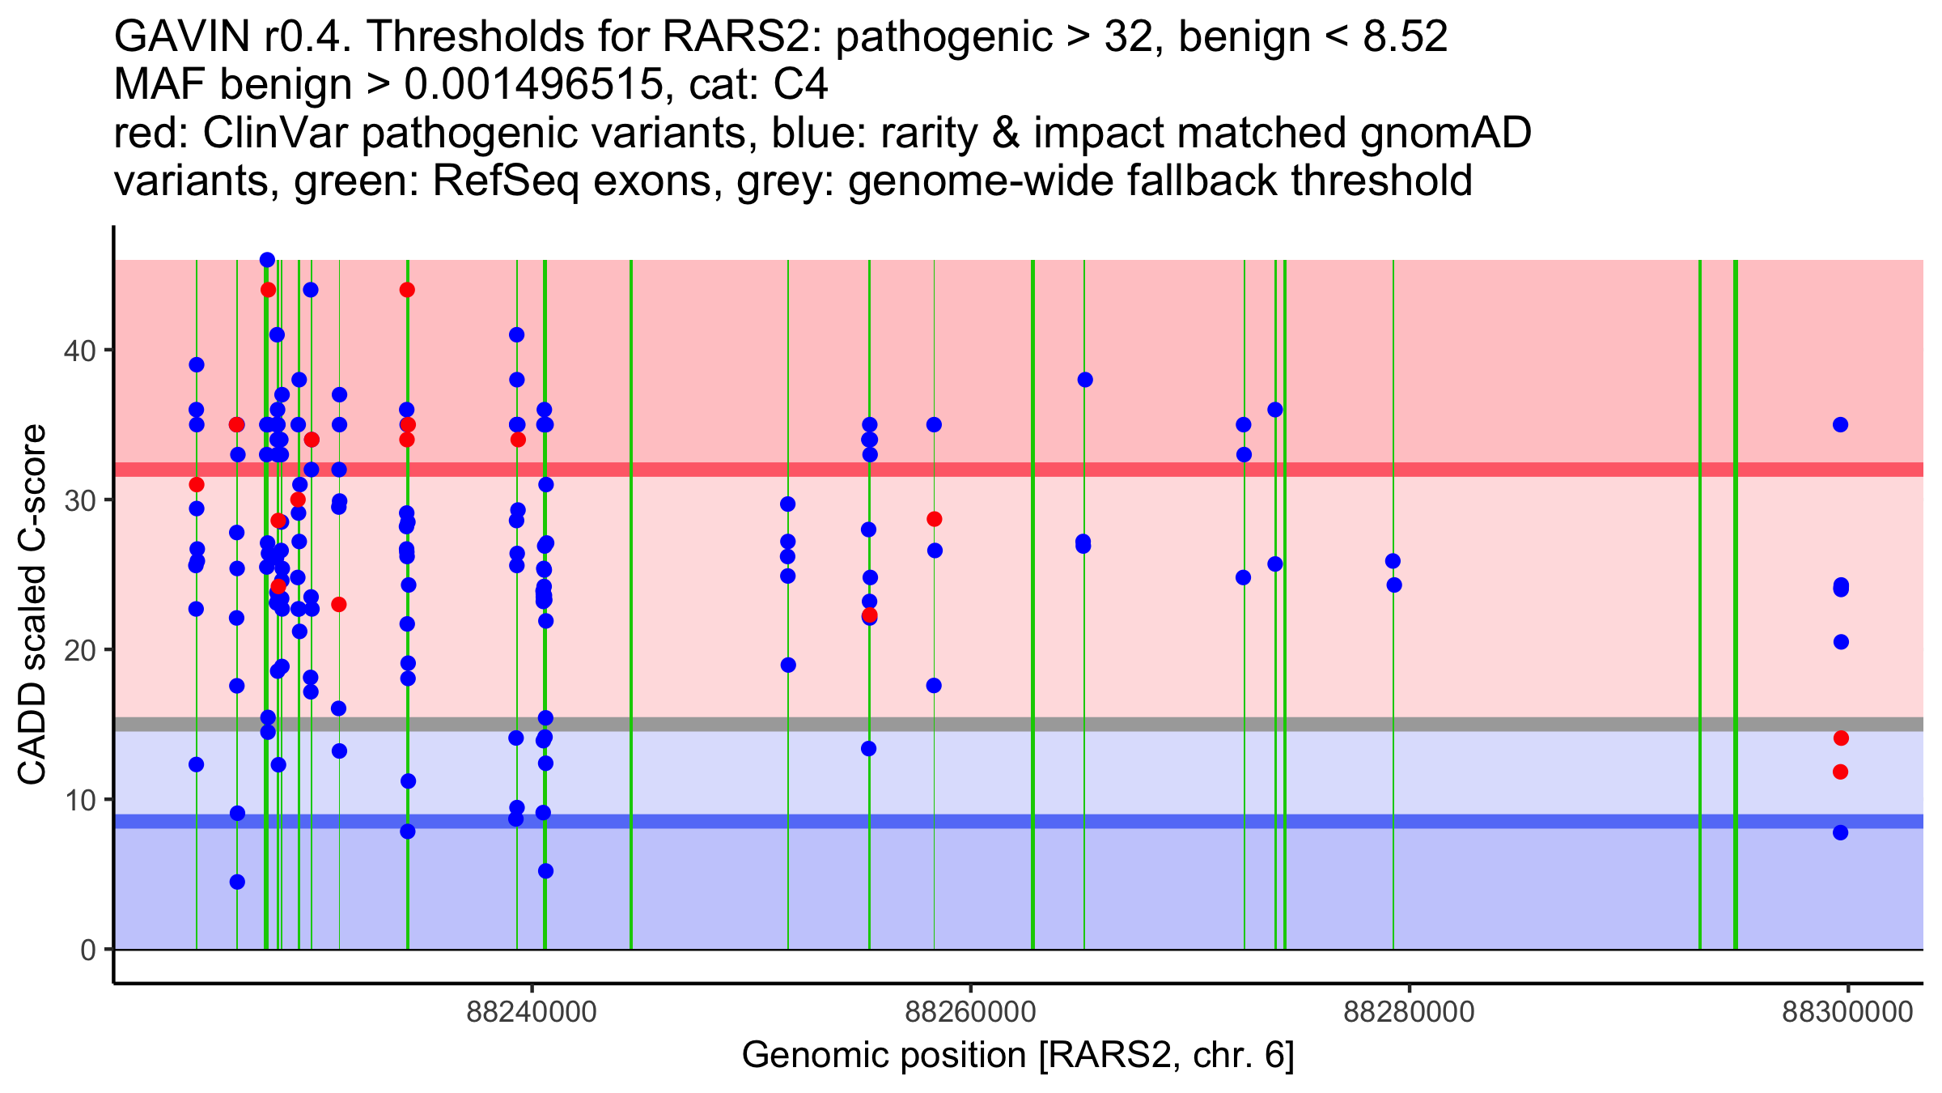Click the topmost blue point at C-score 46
267,260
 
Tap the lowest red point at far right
1841,772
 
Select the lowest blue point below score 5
237,882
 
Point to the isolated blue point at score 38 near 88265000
1085,380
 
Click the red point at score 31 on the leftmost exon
197,485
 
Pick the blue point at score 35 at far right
1841,425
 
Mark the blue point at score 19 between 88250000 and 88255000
788,666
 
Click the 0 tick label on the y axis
88,950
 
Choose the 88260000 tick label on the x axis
970,1013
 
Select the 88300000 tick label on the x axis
1847,1013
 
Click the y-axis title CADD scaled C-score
32,605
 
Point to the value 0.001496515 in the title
532,85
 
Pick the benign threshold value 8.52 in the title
1406,37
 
